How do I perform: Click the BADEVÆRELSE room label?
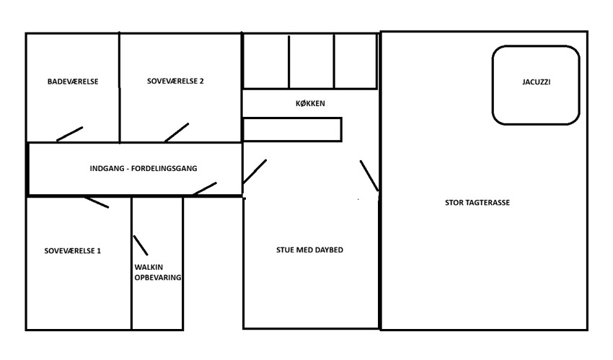point(73,82)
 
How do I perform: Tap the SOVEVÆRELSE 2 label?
point(175,82)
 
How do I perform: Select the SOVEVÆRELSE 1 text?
point(72,251)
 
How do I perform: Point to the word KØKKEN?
point(310,104)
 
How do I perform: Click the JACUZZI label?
point(536,82)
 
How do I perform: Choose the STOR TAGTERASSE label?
point(477,203)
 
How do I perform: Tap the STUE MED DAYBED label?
point(309,250)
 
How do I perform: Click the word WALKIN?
point(149,268)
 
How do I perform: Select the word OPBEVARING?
point(157,278)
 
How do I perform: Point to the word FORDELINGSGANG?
point(164,169)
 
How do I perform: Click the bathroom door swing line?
point(69,133)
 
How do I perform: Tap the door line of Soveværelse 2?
point(177,133)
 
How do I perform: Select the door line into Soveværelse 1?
point(97,203)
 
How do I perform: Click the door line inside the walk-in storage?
point(141,245)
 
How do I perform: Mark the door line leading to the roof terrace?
point(369,176)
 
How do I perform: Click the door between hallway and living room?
point(255,172)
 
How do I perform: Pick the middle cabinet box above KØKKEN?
point(312,62)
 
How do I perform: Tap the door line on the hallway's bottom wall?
point(205,188)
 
